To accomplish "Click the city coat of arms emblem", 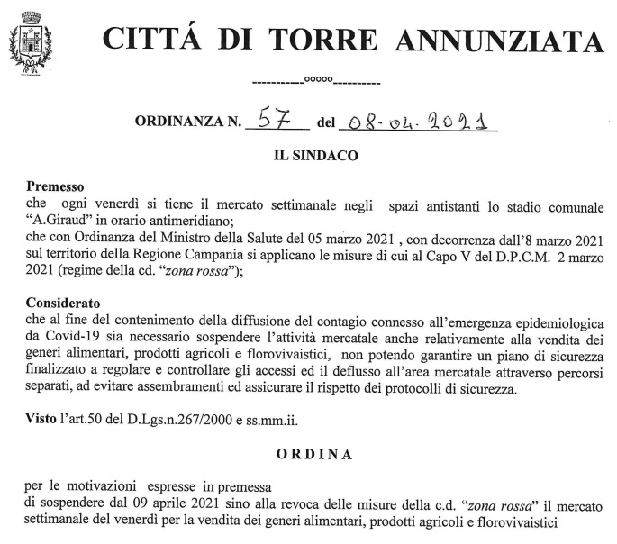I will point(30,45).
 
